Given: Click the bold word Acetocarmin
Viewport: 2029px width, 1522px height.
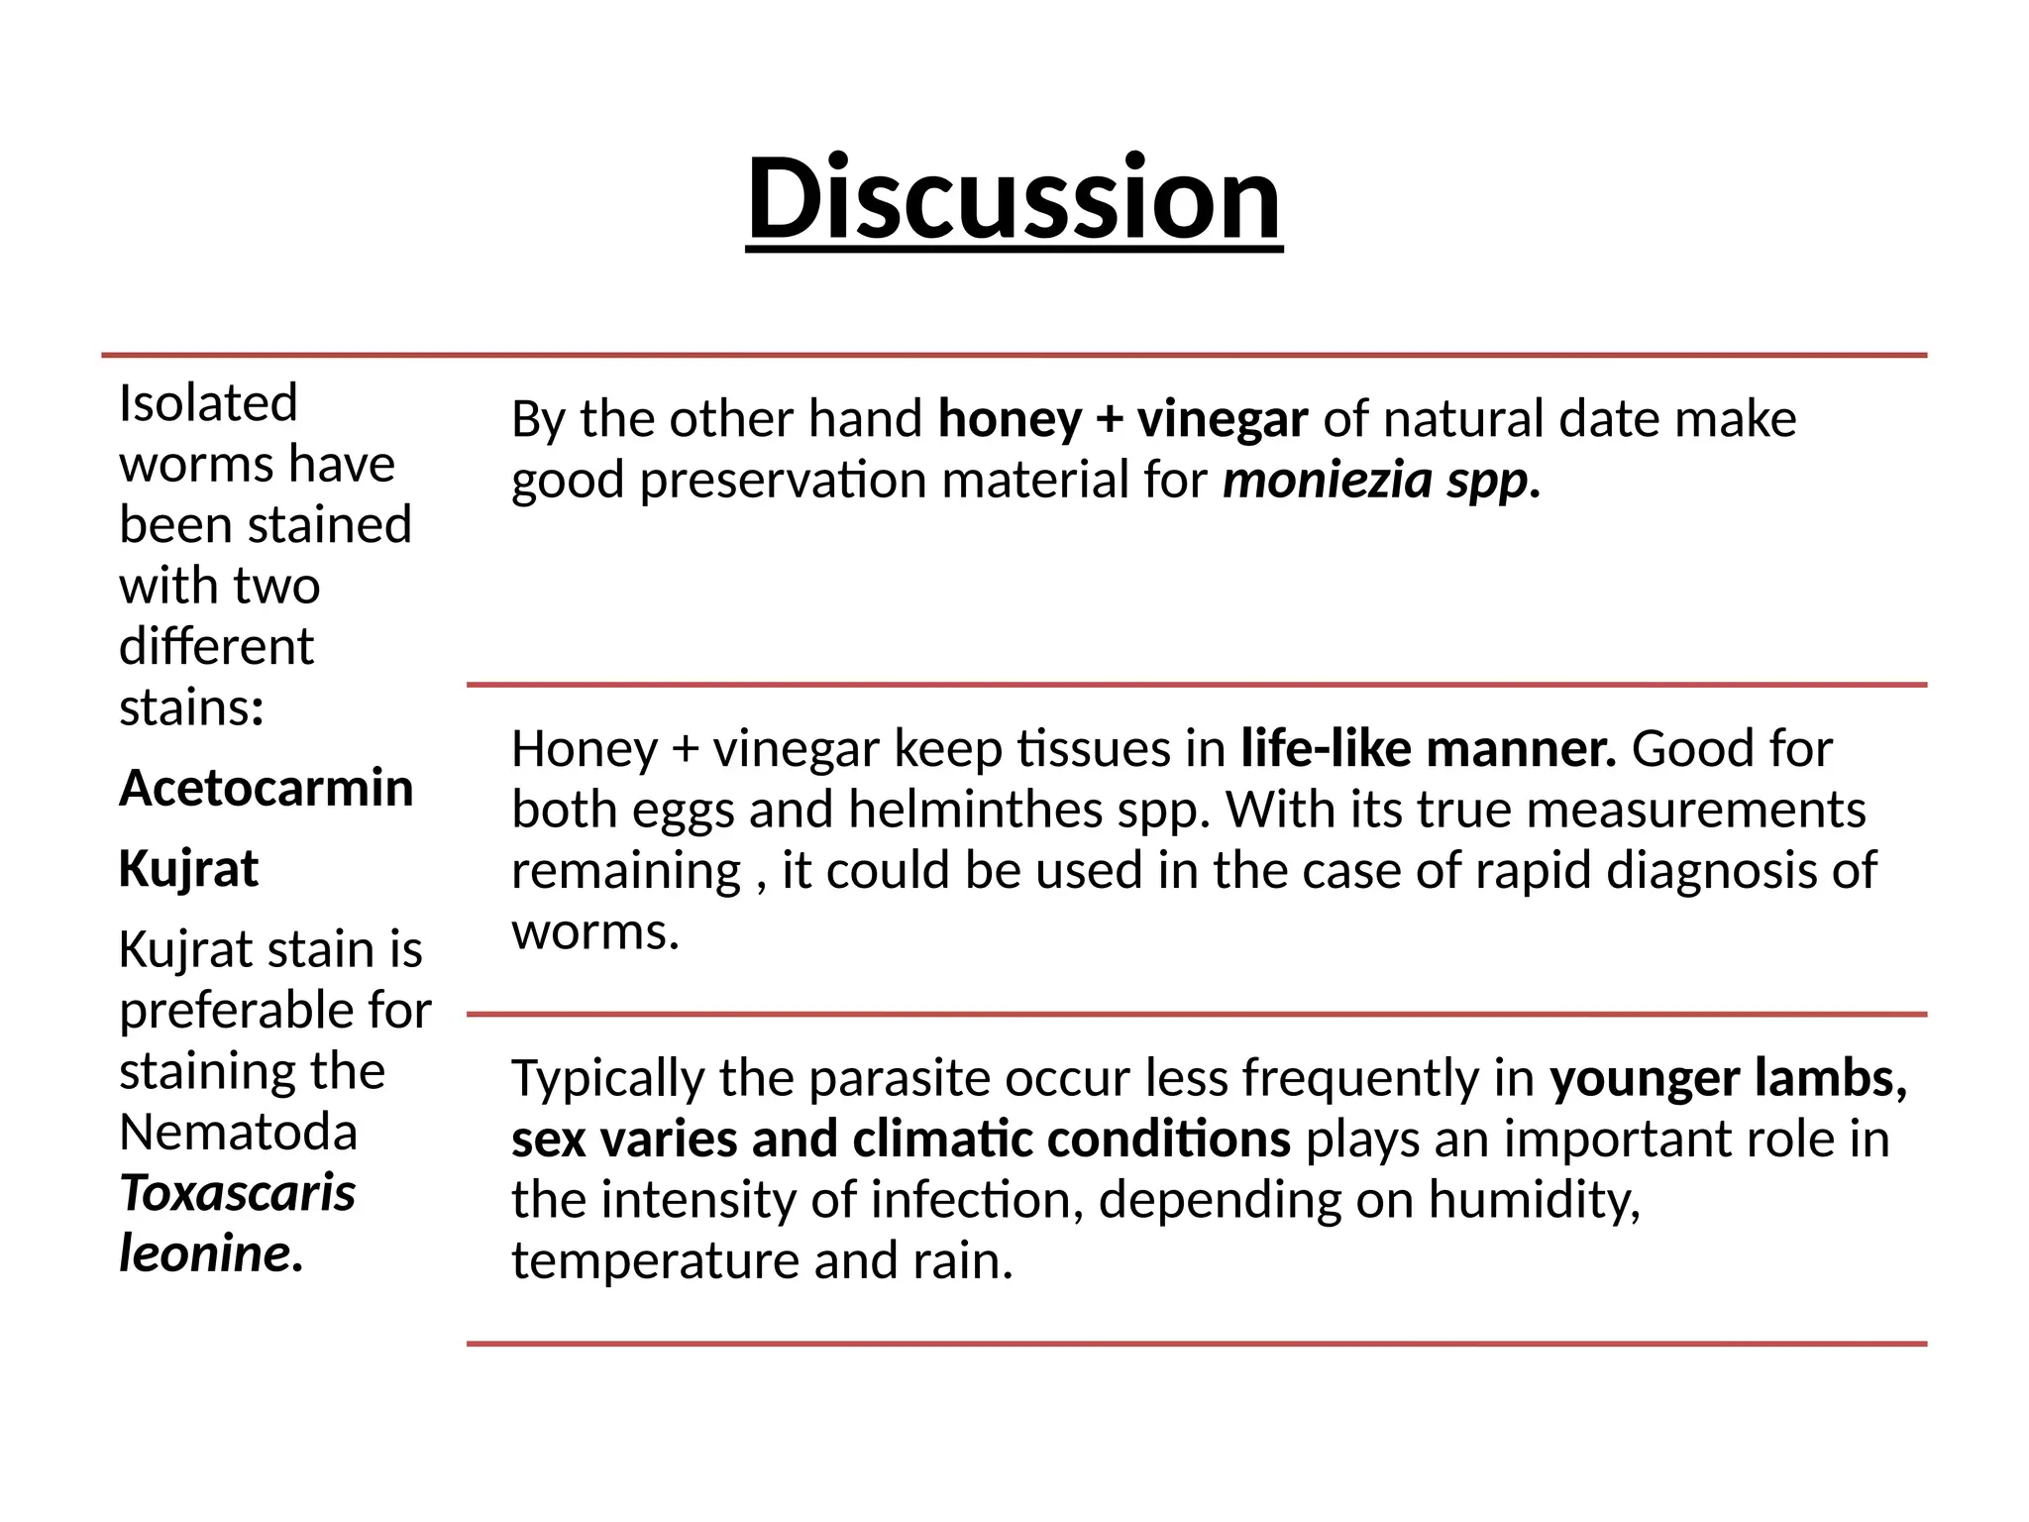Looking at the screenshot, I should point(266,789).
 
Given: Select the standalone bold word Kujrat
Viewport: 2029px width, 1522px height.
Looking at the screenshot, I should point(188,869).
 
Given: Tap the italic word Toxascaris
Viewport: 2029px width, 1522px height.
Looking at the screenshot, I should point(237,1193).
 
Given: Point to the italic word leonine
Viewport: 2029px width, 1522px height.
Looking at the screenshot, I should point(207,1253).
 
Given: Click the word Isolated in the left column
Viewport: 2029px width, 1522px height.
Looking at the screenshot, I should point(208,403).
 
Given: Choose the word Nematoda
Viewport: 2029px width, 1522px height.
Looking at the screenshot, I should point(238,1132).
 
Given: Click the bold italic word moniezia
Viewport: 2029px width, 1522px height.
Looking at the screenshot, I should point(1328,481).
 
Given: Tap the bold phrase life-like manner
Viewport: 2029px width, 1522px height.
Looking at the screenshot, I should point(1428,749).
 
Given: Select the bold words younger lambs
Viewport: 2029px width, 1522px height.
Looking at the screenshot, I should point(1729,1078).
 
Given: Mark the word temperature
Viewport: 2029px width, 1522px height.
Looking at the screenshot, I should point(655,1261).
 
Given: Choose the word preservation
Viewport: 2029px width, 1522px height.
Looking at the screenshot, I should point(783,481).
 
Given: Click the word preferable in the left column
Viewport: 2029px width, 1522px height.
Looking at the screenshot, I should point(235,1011).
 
